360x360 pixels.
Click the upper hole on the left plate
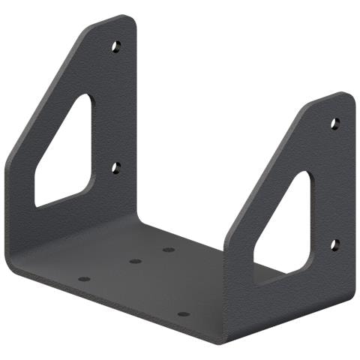115,46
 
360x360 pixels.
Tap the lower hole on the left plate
115,167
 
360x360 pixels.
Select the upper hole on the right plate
334,122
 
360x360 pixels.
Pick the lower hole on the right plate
334,245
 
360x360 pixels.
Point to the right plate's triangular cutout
289,229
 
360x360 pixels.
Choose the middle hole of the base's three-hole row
135,262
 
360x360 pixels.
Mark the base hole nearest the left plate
84,279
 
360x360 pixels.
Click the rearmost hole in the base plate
169,250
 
